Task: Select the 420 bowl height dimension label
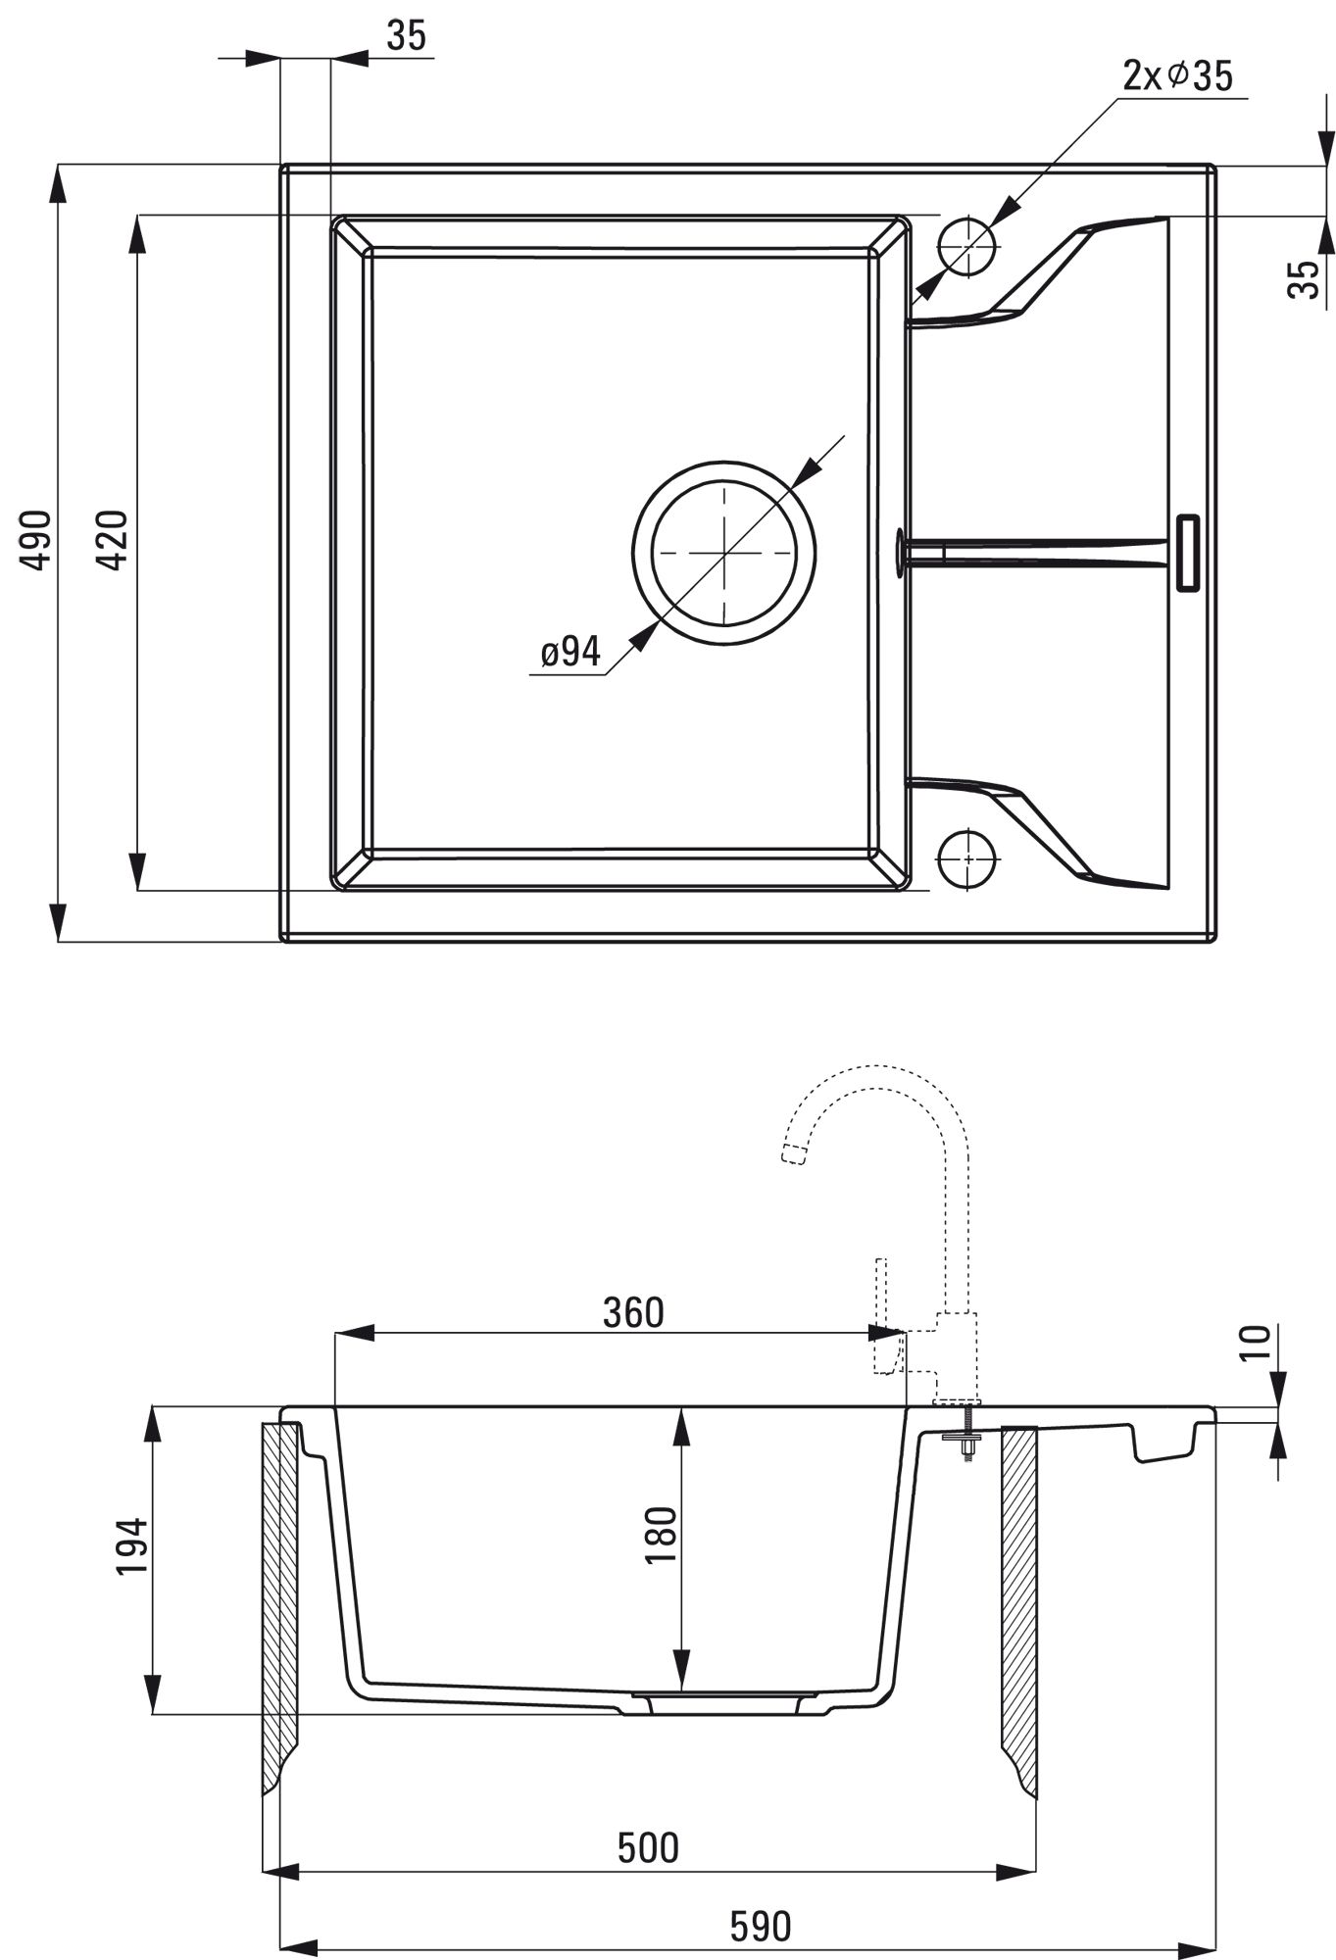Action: click(115, 540)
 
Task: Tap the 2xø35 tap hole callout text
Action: click(1177, 75)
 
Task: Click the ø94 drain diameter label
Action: click(570, 652)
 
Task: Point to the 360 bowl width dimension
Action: click(633, 1313)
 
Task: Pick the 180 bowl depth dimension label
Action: click(662, 1536)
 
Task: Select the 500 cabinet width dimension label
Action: click(648, 1847)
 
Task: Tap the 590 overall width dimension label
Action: click(760, 1927)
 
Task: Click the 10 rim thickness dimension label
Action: click(1255, 1340)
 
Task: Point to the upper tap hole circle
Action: click(966, 244)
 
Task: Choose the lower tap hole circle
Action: click(966, 858)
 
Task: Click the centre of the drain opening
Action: click(723, 554)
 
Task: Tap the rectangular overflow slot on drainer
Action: click(1187, 553)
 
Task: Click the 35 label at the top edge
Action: click(407, 36)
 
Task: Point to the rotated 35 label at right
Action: click(1305, 279)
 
